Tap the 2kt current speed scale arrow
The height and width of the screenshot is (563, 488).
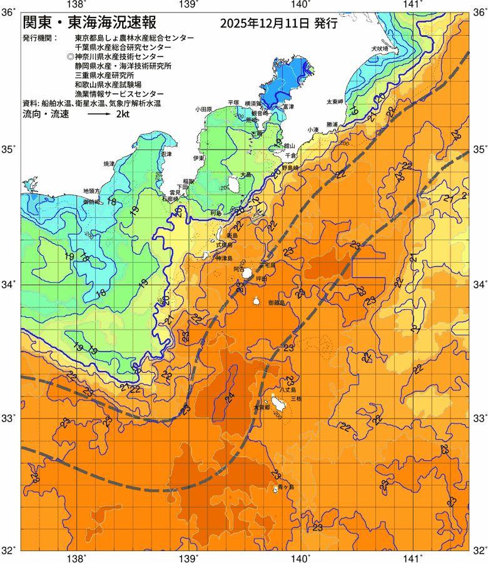click(99, 115)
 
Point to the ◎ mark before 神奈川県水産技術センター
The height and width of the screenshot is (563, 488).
click(69, 56)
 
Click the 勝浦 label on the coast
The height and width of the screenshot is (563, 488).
click(332, 124)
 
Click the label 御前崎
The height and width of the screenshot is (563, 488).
click(91, 202)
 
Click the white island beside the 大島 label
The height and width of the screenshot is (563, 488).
click(234, 184)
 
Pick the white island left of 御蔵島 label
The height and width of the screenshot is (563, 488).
click(257, 302)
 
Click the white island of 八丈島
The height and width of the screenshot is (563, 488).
click(276, 402)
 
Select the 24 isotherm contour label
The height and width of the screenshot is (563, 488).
click(230, 397)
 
